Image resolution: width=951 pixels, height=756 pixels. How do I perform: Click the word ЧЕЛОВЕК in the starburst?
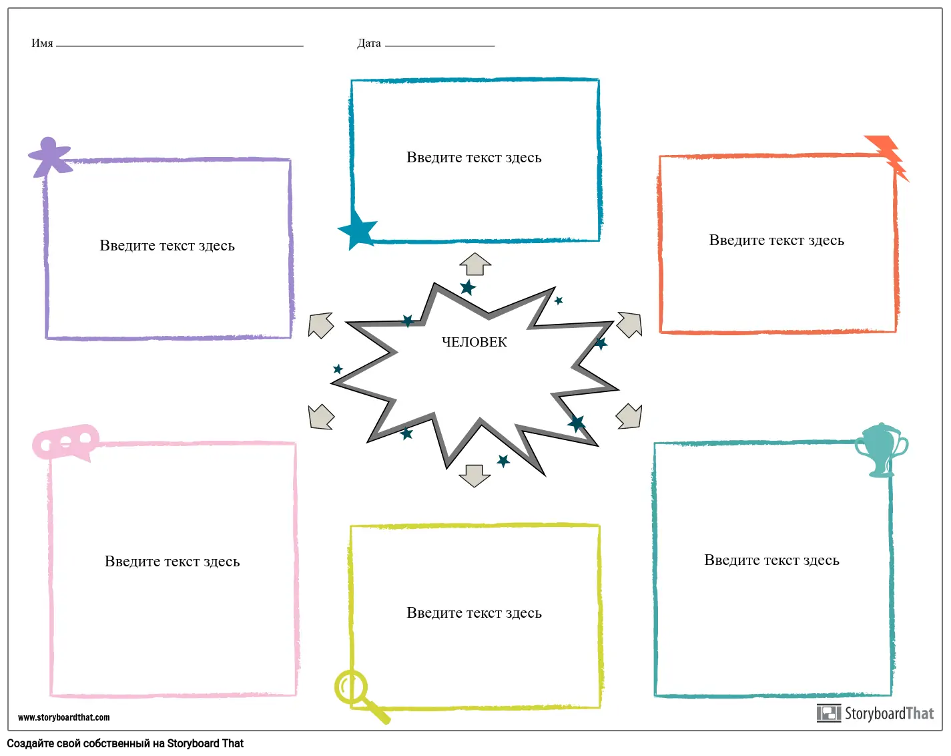click(474, 342)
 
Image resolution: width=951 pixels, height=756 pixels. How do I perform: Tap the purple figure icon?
click(49, 158)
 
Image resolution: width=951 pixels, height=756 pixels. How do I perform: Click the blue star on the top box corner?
click(358, 229)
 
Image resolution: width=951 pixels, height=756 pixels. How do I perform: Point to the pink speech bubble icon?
click(65, 441)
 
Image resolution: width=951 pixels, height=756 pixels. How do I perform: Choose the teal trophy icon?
click(881, 449)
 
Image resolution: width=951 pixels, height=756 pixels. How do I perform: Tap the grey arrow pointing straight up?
click(475, 264)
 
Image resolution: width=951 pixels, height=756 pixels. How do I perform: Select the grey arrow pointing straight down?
click(474, 476)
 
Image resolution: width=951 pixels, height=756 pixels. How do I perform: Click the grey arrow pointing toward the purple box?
click(321, 325)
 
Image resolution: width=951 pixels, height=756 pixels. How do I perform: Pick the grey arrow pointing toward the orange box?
click(629, 324)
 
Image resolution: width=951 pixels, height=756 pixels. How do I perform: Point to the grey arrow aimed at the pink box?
click(321, 417)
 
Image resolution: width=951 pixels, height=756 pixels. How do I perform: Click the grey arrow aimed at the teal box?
click(629, 416)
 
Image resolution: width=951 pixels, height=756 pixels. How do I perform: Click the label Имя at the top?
click(42, 43)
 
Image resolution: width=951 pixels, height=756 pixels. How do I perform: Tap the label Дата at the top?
click(369, 43)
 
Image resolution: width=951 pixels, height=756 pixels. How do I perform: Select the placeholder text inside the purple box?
click(167, 246)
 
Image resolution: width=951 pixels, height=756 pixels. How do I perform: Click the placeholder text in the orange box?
click(776, 240)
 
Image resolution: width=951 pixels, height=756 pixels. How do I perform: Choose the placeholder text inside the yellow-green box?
click(474, 613)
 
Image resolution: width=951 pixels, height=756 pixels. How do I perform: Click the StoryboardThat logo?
click(875, 713)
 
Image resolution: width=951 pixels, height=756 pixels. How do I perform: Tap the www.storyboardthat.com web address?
click(64, 717)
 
